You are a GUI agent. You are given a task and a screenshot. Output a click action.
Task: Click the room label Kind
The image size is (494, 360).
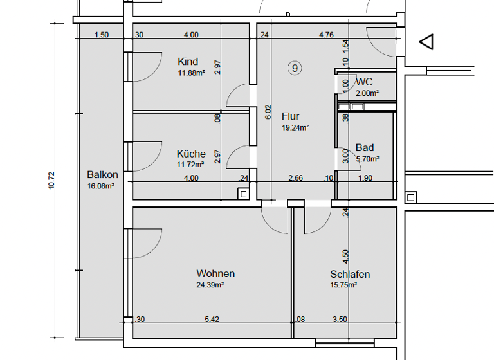click(x=188, y=62)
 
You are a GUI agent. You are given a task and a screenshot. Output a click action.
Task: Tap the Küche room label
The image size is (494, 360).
click(x=191, y=154)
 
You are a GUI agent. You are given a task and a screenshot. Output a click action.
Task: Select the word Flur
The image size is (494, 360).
click(x=291, y=117)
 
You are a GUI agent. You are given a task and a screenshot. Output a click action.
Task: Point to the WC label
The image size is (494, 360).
click(x=364, y=82)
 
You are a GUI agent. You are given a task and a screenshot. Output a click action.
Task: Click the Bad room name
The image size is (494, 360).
click(x=365, y=148)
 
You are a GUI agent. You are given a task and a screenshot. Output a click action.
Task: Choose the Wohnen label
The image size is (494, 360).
click(x=215, y=274)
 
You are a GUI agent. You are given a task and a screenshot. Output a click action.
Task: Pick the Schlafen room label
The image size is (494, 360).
click(x=350, y=274)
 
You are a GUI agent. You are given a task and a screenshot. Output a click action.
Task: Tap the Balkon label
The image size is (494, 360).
click(x=102, y=175)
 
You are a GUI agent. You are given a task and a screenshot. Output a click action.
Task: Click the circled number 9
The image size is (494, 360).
click(x=295, y=67)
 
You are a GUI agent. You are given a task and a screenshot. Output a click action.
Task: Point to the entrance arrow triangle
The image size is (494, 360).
click(x=426, y=42)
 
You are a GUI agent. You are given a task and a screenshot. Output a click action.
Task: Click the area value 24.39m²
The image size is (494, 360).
click(x=210, y=285)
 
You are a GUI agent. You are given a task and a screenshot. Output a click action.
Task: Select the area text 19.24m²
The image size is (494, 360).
click(x=295, y=128)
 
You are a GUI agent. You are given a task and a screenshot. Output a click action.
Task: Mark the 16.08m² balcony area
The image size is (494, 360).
click(x=101, y=186)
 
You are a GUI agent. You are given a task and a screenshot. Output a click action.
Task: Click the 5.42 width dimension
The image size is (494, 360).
click(x=212, y=319)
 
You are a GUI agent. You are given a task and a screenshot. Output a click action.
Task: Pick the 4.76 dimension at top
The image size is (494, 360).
click(x=326, y=35)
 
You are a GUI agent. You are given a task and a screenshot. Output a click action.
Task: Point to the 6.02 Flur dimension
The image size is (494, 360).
click(x=269, y=113)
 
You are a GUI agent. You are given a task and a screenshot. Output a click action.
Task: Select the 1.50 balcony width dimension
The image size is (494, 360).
click(x=101, y=35)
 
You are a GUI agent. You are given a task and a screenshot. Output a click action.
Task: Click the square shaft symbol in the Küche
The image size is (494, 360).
click(x=242, y=193)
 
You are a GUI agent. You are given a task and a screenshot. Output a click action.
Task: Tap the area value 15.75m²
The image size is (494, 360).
click(x=343, y=285)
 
